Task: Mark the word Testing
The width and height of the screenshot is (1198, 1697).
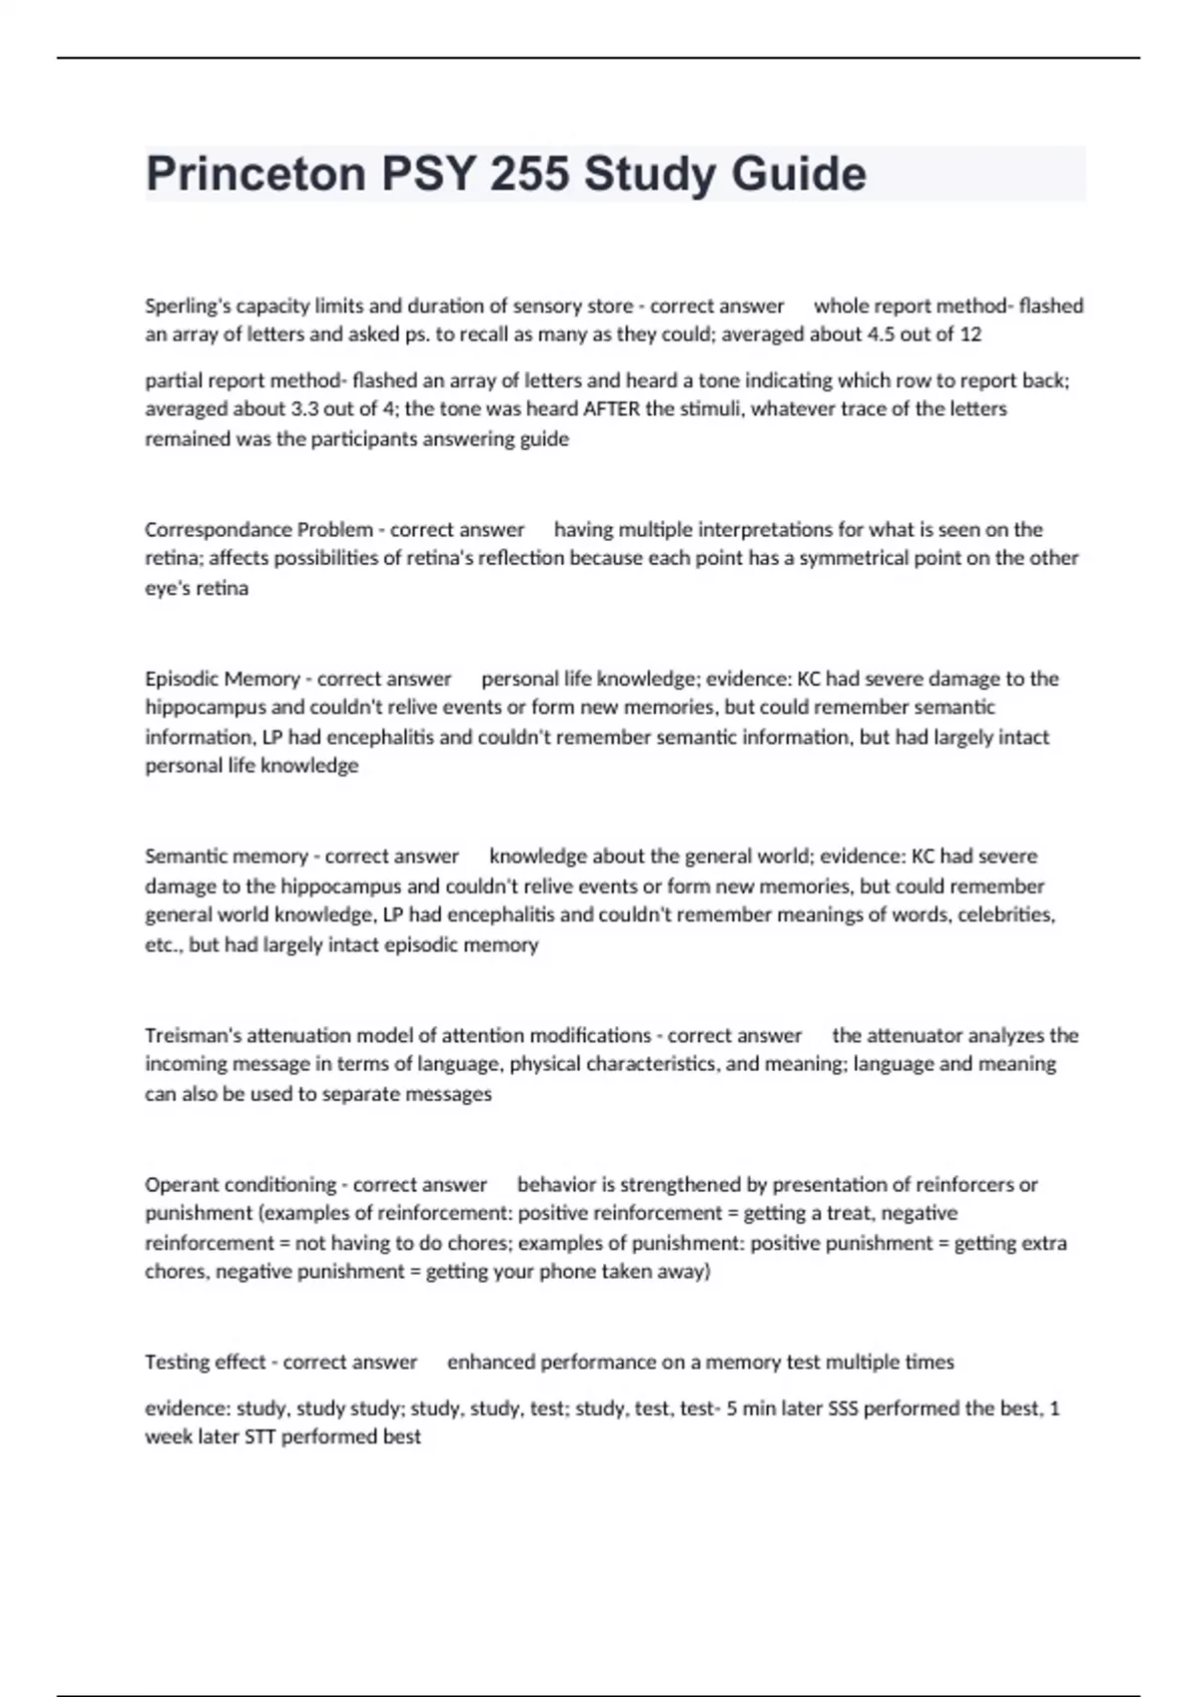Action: point(176,1363)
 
